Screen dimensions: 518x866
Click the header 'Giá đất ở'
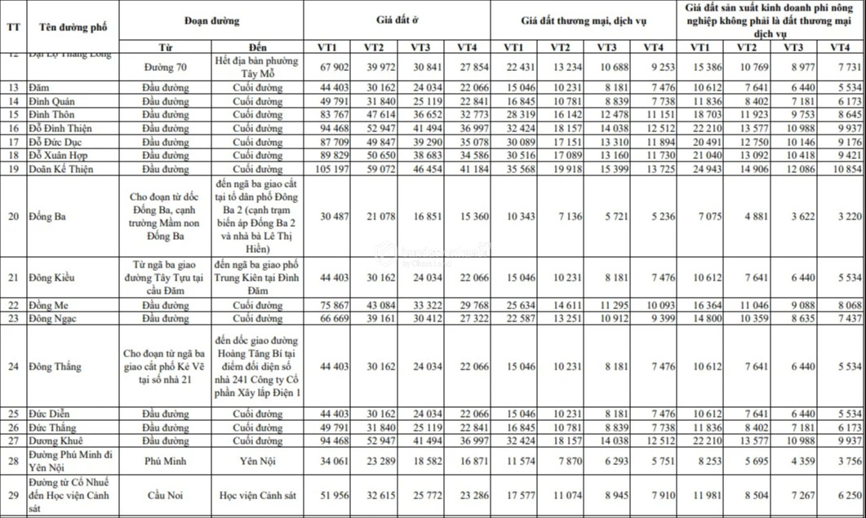pyautogui.click(x=397, y=18)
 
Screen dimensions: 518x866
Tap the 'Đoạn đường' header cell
pyautogui.click(x=211, y=18)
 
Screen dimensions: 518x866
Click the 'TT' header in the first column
pyautogui.click(x=14, y=25)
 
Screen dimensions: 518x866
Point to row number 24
pyautogui.click(x=14, y=366)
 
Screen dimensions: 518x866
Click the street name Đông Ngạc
pyautogui.click(x=56, y=318)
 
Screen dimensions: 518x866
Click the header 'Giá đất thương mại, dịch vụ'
pyautogui.click(x=583, y=18)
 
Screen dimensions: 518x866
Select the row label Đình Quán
pyautogui.click(x=56, y=101)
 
